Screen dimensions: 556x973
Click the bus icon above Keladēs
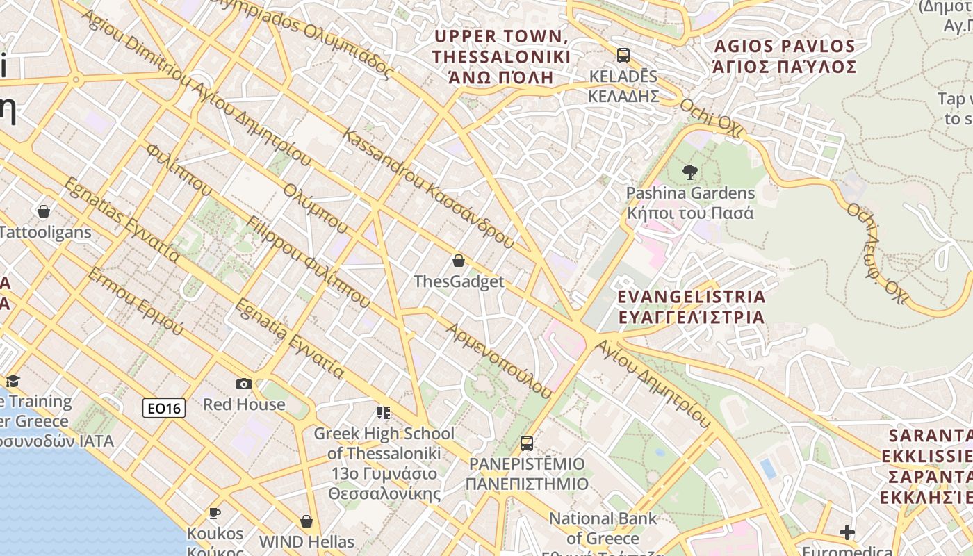pyautogui.click(x=623, y=55)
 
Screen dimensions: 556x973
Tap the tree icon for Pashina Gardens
pyautogui.click(x=690, y=172)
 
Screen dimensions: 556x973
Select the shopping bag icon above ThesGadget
pyautogui.click(x=459, y=261)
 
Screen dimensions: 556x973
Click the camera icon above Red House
pyautogui.click(x=244, y=384)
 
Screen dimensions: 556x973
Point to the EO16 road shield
pyautogui.click(x=164, y=408)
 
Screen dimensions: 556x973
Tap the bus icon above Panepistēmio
pyautogui.click(x=527, y=443)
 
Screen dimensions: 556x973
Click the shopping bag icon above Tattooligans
pyautogui.click(x=44, y=211)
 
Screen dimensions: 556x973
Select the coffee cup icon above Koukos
pyautogui.click(x=215, y=513)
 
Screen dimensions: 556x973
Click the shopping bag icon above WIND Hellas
pyautogui.click(x=306, y=521)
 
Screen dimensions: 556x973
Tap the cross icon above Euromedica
pyautogui.click(x=847, y=532)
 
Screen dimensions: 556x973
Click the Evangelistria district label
pyautogui.click(x=692, y=306)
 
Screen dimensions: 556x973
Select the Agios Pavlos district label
pyautogui.click(x=784, y=56)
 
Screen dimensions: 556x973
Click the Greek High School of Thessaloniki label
pyautogui.click(x=384, y=463)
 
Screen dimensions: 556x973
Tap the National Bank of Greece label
pyautogui.click(x=602, y=528)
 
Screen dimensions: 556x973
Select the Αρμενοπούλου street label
pyautogui.click(x=500, y=361)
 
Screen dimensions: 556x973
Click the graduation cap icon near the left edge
pyautogui.click(x=13, y=380)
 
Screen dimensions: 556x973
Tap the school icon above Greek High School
pyautogui.click(x=384, y=413)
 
